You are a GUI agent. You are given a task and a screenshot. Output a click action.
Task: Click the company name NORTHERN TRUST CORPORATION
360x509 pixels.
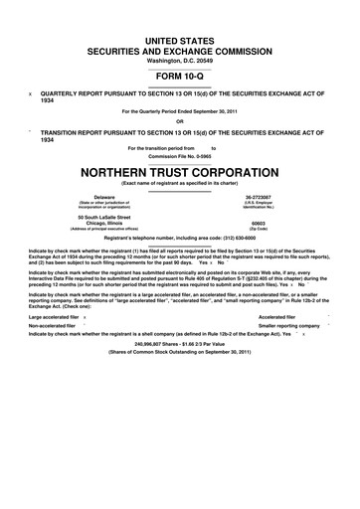pos(179,170)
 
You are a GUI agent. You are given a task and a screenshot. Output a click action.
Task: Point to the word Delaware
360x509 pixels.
pos(104,197)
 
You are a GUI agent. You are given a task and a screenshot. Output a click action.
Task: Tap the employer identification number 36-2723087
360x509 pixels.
pos(259,197)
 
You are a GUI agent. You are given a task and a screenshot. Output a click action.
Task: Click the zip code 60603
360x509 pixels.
pos(259,224)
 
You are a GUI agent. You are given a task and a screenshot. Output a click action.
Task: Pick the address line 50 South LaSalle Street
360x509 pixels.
pos(104,216)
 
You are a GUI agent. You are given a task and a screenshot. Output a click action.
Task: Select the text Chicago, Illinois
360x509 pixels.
pos(104,224)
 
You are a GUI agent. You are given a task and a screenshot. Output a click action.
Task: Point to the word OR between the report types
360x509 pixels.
pos(179,122)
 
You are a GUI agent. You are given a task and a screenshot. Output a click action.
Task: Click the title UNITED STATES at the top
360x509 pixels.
pos(179,39)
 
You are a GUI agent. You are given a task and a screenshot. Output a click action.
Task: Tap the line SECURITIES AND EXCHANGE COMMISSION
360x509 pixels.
pos(179,50)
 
